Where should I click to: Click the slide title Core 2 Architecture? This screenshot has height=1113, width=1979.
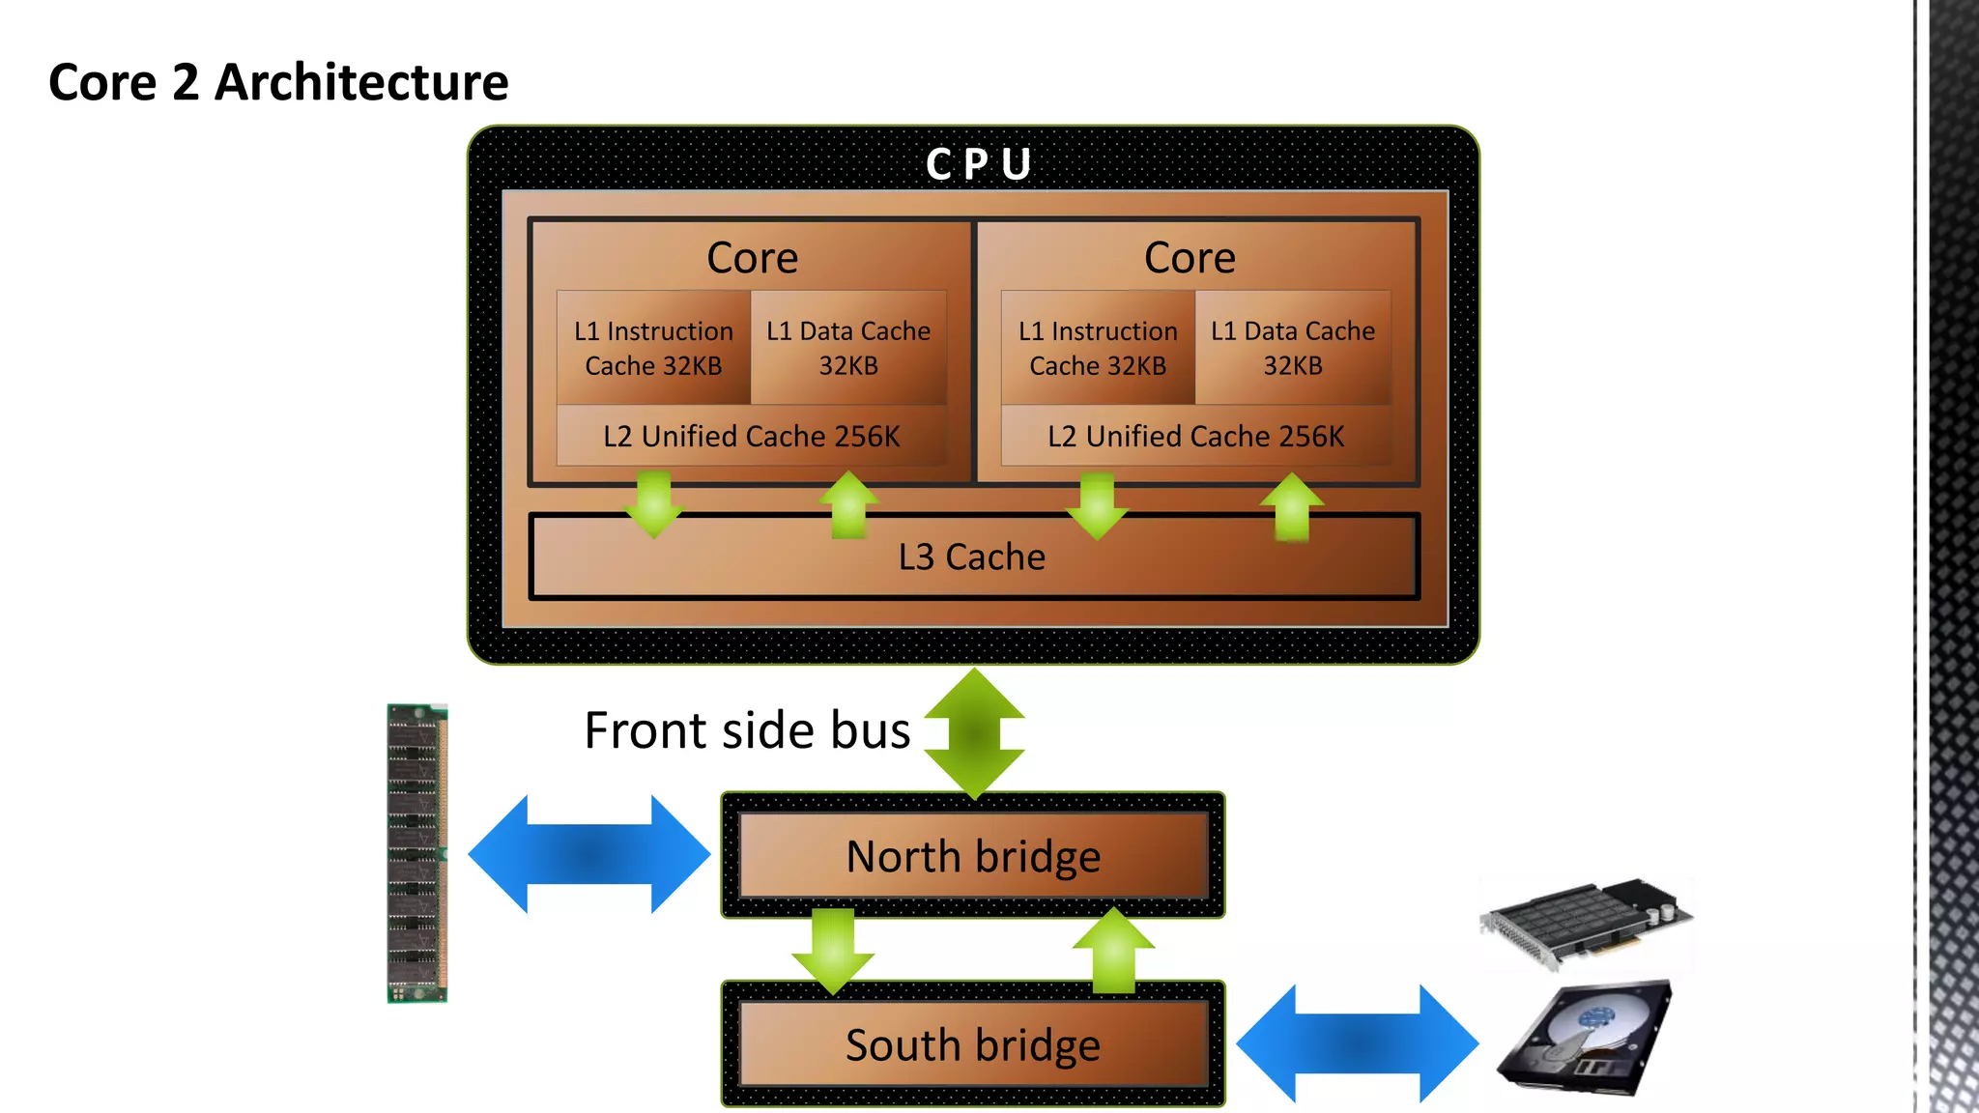278,82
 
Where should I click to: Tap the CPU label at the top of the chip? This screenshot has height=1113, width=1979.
978,164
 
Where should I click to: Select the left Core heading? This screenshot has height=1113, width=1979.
752,258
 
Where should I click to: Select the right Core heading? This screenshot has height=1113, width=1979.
1190,258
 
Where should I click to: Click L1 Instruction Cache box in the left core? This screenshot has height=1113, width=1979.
653,348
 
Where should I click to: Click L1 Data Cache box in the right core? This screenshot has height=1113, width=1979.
1293,348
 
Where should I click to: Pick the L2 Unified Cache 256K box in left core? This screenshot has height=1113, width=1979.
751,437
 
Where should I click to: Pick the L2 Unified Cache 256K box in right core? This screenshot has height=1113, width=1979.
1195,437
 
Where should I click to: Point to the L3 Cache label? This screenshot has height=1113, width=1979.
971,557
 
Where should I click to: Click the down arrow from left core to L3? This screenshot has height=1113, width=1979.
654,503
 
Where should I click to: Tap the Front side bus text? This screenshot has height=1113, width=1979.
747,730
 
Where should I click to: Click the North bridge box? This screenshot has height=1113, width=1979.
973,856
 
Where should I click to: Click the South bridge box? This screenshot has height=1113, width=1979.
973,1044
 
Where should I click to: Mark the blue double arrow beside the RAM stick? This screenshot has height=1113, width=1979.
588,854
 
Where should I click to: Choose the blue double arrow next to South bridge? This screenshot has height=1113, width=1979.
1357,1043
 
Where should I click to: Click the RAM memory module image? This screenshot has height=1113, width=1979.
417,854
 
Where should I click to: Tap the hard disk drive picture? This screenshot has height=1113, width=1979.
1586,1040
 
